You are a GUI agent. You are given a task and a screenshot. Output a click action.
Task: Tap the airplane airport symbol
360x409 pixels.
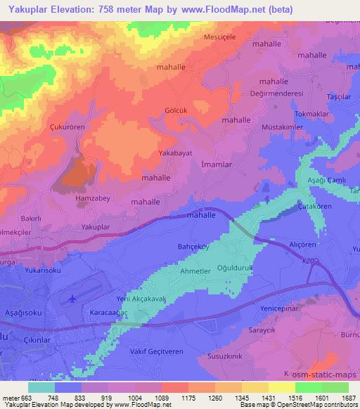tap(72, 298)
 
